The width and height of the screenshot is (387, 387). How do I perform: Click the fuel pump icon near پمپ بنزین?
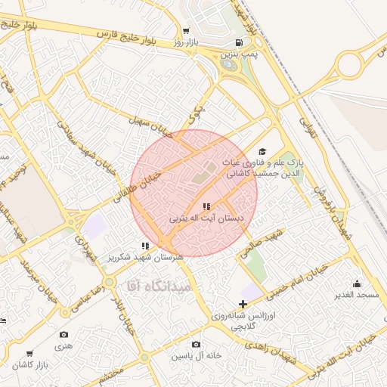(x=240, y=43)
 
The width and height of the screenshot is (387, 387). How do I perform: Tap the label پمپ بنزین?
(x=240, y=55)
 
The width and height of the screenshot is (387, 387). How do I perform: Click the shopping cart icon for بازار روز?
(x=185, y=32)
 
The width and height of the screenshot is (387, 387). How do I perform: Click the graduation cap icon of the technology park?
(x=262, y=151)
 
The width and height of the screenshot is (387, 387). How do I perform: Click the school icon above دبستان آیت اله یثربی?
(x=206, y=206)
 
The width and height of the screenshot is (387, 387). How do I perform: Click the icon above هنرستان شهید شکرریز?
(x=145, y=246)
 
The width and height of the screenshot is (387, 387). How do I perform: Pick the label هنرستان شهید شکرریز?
(x=145, y=257)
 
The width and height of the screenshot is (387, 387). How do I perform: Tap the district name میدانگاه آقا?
(x=154, y=286)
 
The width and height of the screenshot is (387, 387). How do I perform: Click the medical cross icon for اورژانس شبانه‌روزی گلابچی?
(x=243, y=303)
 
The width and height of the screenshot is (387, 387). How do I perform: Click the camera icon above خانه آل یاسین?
(x=196, y=344)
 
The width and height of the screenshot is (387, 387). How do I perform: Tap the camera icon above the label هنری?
(x=63, y=334)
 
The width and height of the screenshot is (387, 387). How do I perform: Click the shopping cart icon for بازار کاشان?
(x=29, y=353)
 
